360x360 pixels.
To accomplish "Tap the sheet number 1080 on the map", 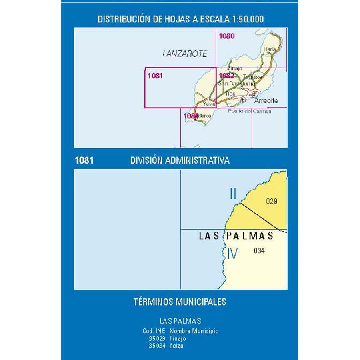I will point(226,36).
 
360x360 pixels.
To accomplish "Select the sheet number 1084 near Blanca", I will point(191,116).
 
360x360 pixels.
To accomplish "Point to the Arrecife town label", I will point(266,101).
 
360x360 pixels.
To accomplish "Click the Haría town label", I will point(270,49).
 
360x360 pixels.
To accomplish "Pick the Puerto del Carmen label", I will point(249,111).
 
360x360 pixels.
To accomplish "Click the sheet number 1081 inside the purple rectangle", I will point(155,75).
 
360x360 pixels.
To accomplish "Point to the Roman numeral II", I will point(233,194).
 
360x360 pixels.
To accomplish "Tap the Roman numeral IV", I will point(232,254).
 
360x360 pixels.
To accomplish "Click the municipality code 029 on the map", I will point(271,202).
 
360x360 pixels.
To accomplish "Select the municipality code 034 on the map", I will point(259,251).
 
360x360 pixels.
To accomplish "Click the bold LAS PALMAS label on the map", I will point(236,236).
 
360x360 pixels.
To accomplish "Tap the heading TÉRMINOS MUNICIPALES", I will point(180,302).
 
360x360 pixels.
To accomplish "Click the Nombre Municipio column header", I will point(194,331).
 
